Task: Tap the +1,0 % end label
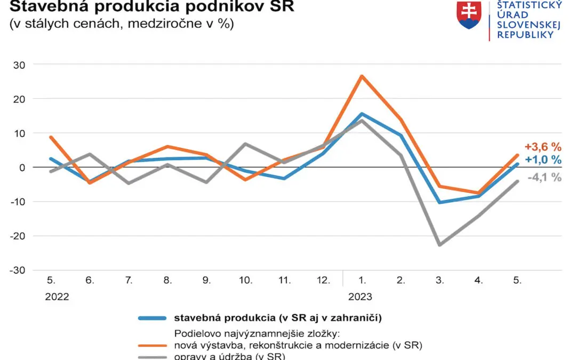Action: coord(543,160)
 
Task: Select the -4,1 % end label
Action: coord(544,178)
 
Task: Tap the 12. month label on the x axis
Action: coord(323,280)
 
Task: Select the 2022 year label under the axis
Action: coord(57,297)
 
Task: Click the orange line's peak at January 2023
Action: coord(362,76)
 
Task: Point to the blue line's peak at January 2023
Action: coord(362,114)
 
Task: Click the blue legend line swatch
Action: coord(153,318)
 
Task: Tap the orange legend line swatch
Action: coord(153,346)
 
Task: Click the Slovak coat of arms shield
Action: coord(469,14)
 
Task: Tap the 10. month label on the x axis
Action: coord(245,280)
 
